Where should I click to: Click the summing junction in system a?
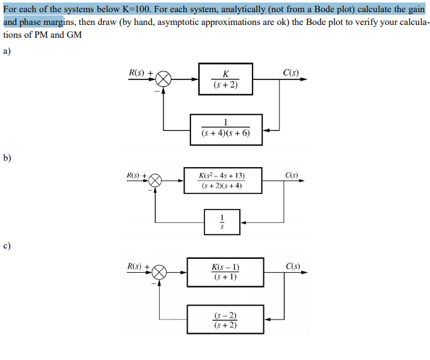(164, 79)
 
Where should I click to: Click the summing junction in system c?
(160, 272)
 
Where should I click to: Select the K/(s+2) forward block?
(225, 79)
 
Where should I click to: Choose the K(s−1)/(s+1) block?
(225, 272)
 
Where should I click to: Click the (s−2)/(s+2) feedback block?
(225, 319)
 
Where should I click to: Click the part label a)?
(7, 53)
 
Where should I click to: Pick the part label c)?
(7, 245)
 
